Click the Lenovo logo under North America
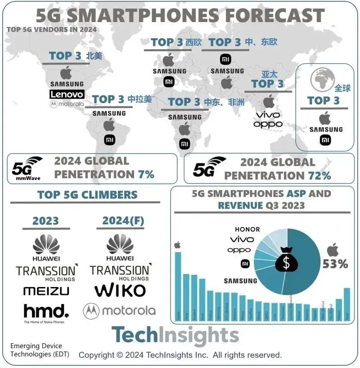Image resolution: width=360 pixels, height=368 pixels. (67, 94)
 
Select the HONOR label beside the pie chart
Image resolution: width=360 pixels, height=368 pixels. (247, 229)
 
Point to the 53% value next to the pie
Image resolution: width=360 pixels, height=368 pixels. (335, 264)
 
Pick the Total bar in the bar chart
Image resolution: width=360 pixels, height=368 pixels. (346, 303)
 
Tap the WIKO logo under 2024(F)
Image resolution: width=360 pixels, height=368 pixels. (120, 290)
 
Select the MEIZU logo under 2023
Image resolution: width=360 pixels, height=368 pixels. (46, 291)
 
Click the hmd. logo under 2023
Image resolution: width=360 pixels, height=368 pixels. (46, 311)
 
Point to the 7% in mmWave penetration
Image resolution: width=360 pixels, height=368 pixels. (146, 174)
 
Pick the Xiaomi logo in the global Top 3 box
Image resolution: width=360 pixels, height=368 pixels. (325, 140)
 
